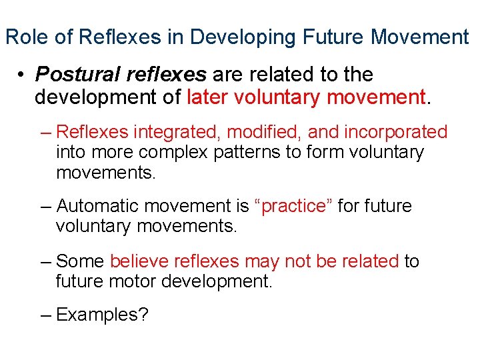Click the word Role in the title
coord(27,37)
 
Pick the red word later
coord(207,97)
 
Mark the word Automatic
coord(97,206)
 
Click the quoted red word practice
coord(293,207)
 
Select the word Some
coord(81,261)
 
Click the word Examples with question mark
coord(102,315)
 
